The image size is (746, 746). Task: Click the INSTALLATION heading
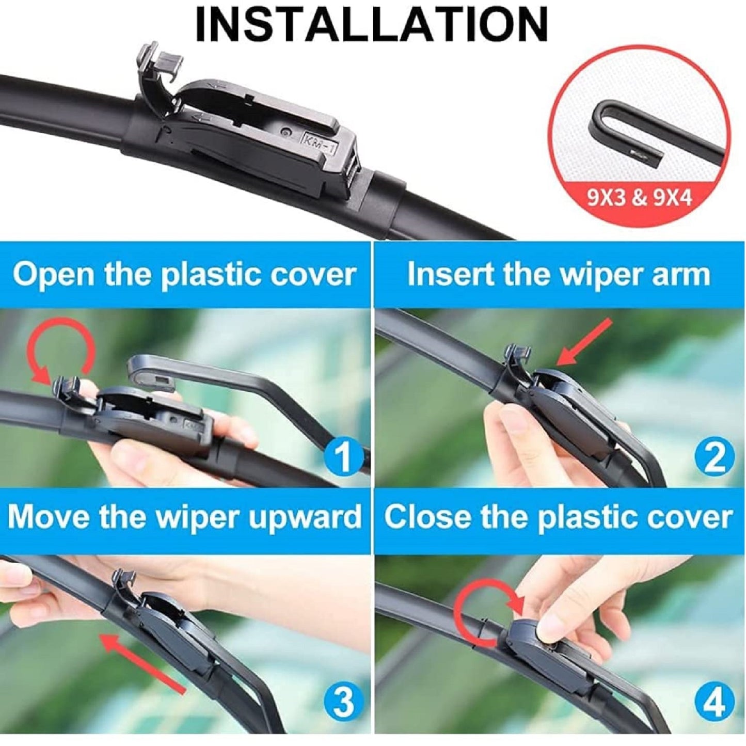372,24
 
